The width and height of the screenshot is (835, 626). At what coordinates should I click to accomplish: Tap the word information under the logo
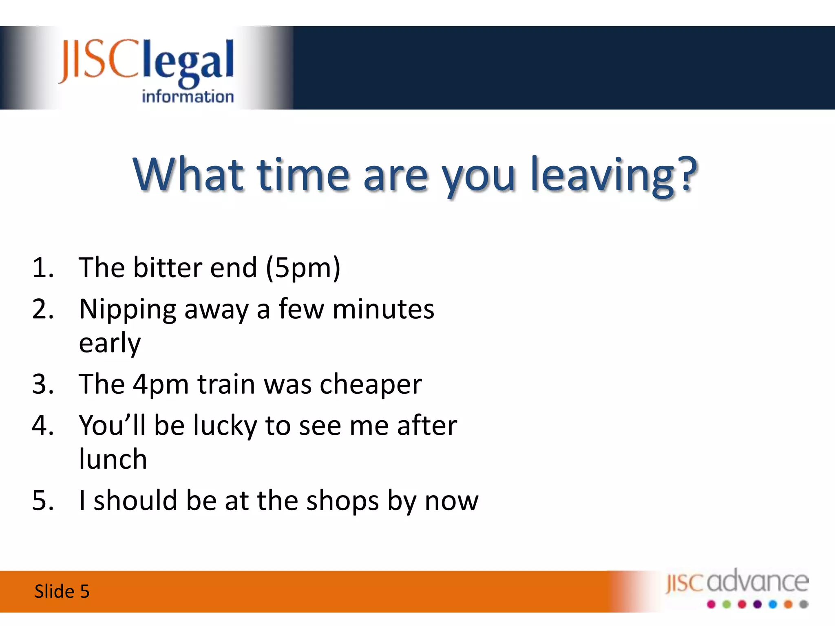(x=188, y=97)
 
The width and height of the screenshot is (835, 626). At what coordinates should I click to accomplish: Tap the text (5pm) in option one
(x=303, y=268)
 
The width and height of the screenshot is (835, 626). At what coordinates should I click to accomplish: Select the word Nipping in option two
(x=127, y=310)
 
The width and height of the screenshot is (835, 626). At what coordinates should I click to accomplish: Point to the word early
(x=109, y=344)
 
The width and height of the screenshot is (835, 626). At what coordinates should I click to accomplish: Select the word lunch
(x=113, y=459)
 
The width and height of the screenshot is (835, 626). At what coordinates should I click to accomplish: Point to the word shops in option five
(x=343, y=501)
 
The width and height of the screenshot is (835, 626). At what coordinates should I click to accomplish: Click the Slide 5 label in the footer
(x=62, y=591)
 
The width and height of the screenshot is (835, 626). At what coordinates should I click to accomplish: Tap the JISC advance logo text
(x=737, y=582)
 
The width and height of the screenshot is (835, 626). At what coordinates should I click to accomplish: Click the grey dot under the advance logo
(x=804, y=604)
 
